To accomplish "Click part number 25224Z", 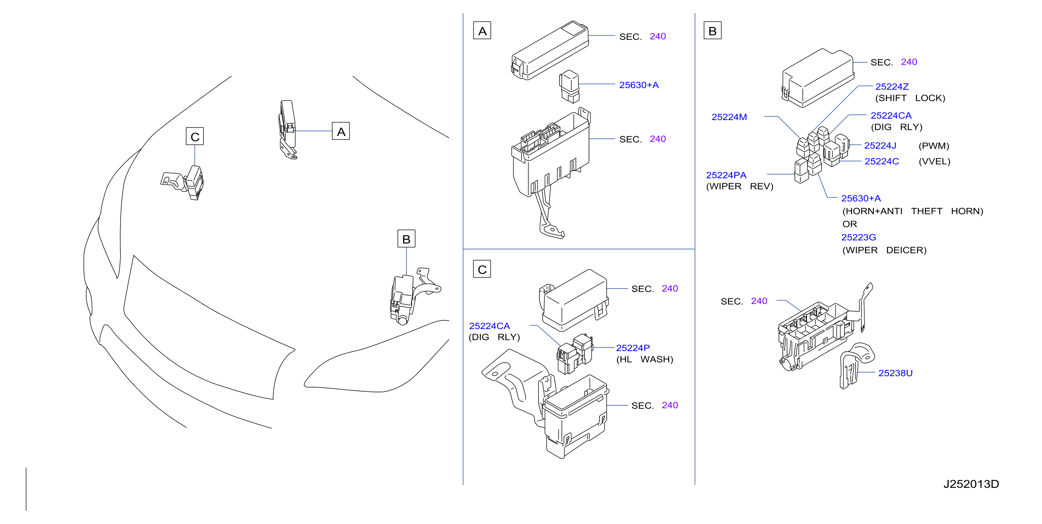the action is (891, 87).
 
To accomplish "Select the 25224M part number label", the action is (729, 117).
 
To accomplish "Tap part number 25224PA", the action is (726, 175).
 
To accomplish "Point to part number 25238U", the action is (895, 373).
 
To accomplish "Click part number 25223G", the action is (858, 237).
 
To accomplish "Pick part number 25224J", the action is (880, 145).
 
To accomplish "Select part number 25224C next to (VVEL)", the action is (882, 161).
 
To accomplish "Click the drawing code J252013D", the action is (971, 484).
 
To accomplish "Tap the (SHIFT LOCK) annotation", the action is (910, 98).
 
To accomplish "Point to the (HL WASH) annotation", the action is (644, 359).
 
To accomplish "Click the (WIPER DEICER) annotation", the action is (884, 250).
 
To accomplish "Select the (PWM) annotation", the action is (934, 146).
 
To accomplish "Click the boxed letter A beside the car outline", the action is (341, 131).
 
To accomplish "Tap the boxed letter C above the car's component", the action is (195, 136).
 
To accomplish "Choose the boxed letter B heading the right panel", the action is (712, 31).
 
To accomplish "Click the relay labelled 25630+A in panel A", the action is (570, 86).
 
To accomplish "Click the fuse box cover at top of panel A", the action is (550, 50).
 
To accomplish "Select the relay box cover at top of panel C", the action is (575, 300).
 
